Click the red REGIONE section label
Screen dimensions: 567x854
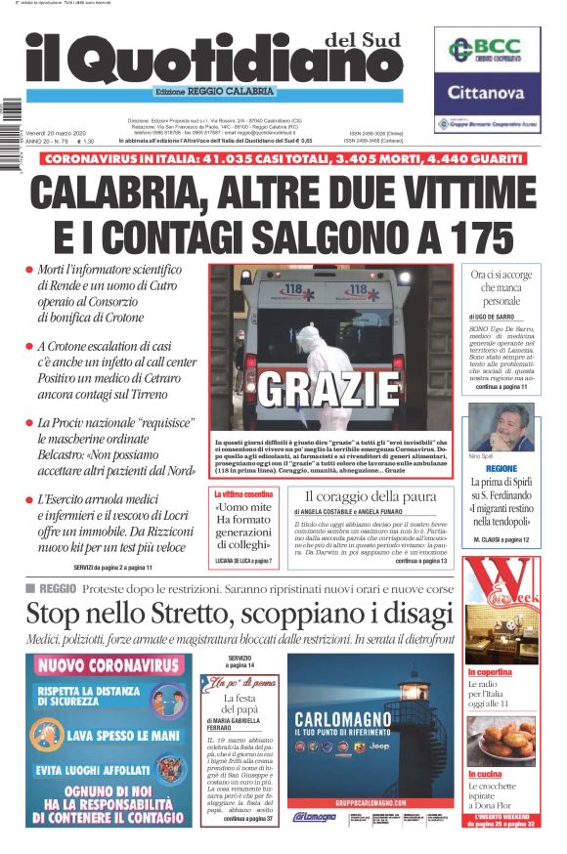pos(501,468)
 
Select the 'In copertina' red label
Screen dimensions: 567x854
pos(490,672)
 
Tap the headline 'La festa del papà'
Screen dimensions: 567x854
pos(239,706)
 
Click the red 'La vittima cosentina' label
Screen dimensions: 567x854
pos(243,495)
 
